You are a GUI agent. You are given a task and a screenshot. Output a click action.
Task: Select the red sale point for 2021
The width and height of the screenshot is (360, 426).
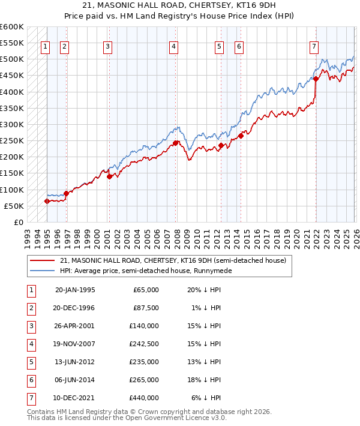316,79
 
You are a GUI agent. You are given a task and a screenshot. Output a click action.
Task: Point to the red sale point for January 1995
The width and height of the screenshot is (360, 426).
47,201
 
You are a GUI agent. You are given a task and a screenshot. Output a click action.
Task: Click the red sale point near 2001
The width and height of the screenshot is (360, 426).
109,176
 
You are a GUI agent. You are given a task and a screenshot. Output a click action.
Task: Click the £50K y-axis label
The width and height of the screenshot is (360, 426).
14,206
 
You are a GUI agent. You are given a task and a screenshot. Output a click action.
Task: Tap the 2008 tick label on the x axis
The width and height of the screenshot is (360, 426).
176,236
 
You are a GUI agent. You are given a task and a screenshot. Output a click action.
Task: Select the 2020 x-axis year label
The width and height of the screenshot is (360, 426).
295,236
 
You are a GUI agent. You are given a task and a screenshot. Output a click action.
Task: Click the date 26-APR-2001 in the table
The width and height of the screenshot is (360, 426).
74,326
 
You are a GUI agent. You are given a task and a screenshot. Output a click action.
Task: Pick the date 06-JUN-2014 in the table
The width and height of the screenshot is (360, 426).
74,380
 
